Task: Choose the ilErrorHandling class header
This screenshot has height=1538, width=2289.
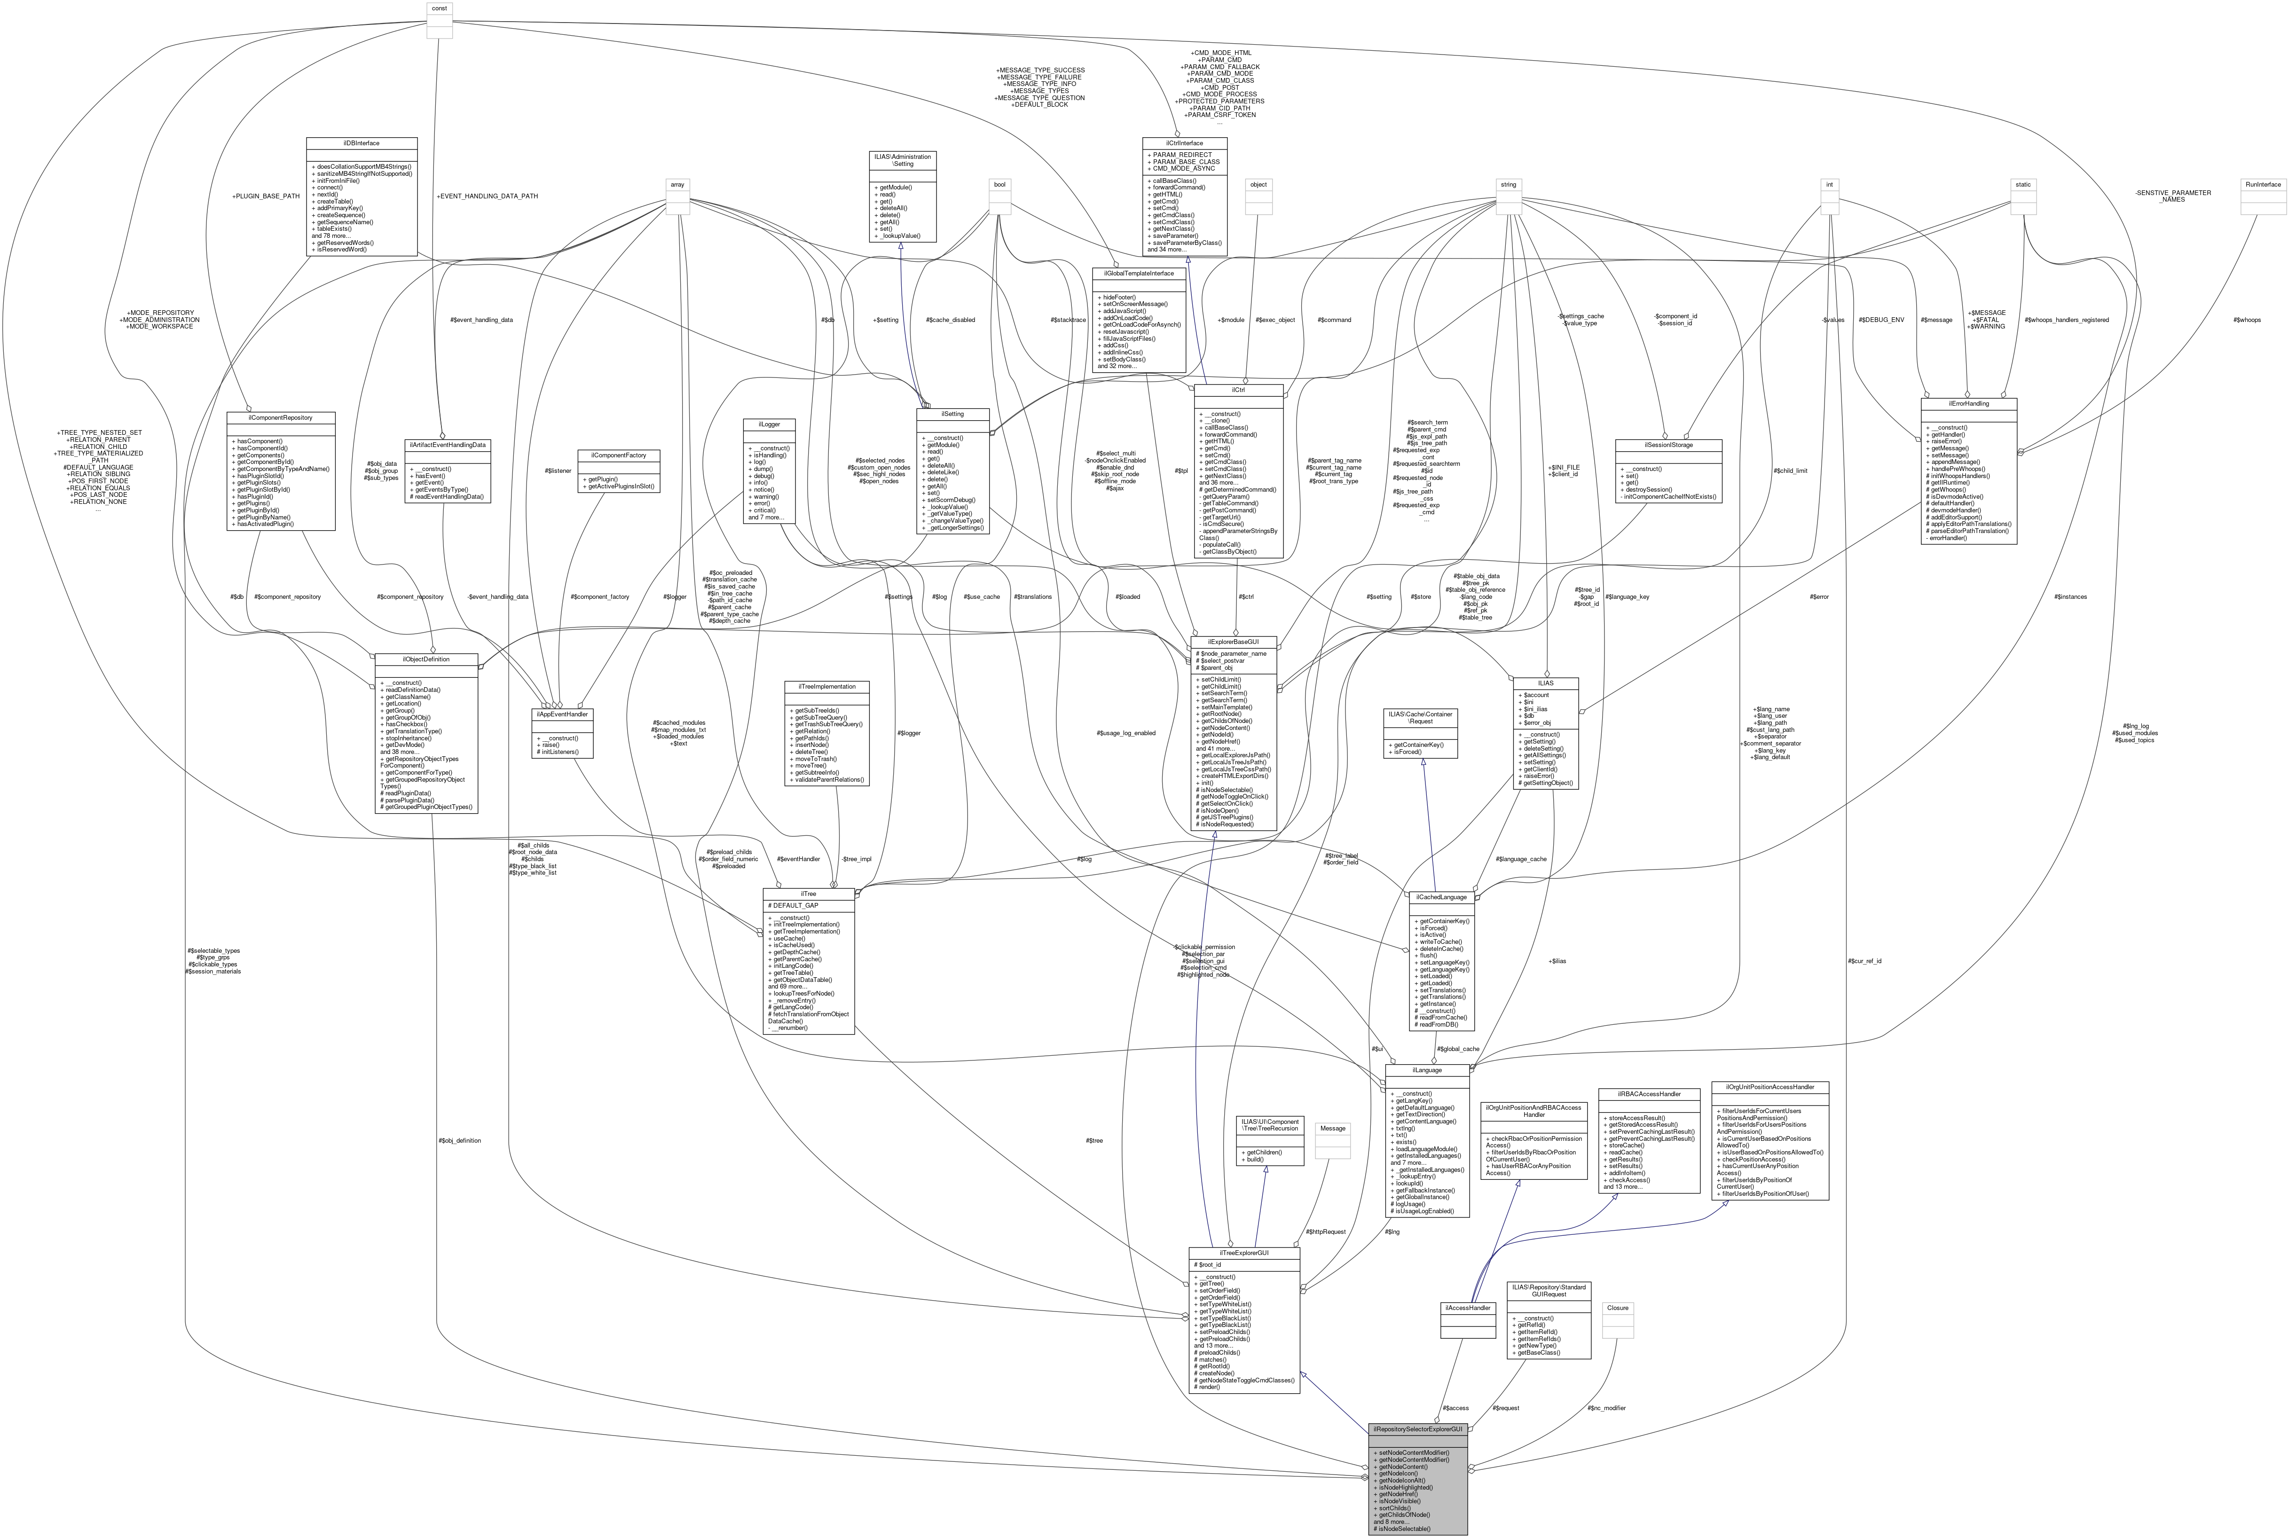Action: pos(1968,403)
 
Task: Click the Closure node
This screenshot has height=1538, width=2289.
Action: pos(1617,1308)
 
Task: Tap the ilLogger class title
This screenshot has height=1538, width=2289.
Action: pos(769,425)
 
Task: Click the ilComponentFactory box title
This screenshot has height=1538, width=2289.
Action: pos(619,455)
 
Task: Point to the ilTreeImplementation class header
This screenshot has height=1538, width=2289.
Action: pos(827,687)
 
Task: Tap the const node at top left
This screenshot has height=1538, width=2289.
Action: pos(440,8)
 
